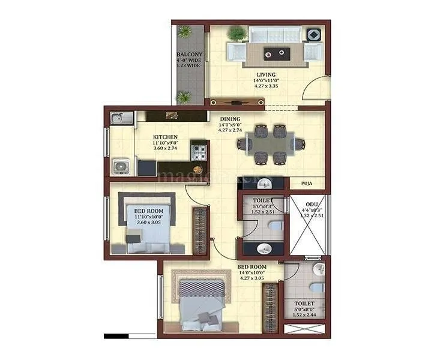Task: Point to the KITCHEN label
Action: tap(165, 137)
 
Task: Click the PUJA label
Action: tap(306, 184)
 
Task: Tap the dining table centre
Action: tap(270, 143)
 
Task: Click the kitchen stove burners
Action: tap(199, 152)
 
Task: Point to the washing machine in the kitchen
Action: tap(119, 166)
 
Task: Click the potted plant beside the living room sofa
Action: tap(237, 33)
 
